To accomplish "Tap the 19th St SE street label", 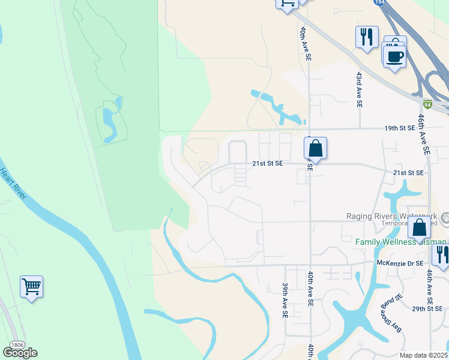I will pyautogui.click(x=400, y=128).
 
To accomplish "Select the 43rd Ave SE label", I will pyautogui.click(x=358, y=90).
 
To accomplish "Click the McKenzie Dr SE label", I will pyautogui.click(x=400, y=263).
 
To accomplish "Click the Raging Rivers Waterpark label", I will pyautogui.click(x=392, y=216).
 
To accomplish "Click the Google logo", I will pyautogui.click(x=20, y=352).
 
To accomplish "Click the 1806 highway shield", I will pyautogui.click(x=13, y=344).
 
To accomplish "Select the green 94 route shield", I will pyautogui.click(x=427, y=103).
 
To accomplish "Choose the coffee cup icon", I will pyautogui.click(x=394, y=56).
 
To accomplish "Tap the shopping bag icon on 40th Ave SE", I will pyautogui.click(x=316, y=148).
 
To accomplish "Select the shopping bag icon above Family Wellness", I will pyautogui.click(x=419, y=228).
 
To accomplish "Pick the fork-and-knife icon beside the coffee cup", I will pyautogui.click(x=366, y=37).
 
